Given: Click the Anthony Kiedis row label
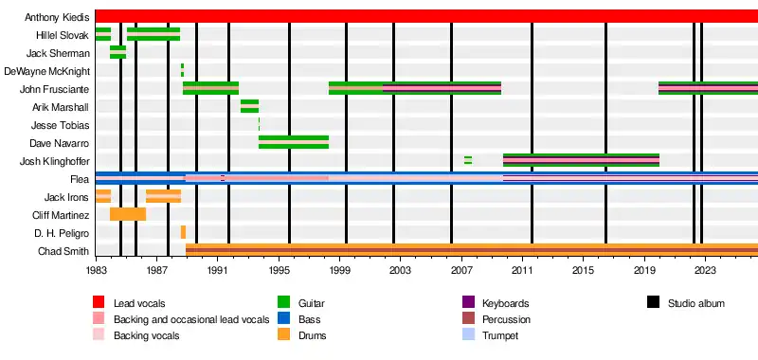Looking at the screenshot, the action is click(x=57, y=18).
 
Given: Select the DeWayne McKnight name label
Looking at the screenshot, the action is click(x=46, y=71).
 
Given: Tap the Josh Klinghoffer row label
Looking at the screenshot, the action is click(x=55, y=161).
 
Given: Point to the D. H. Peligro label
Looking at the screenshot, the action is click(x=62, y=234).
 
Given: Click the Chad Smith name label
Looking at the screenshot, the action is click(x=63, y=251).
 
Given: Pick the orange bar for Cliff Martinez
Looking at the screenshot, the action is click(x=128, y=214).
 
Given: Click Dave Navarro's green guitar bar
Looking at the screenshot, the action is click(x=294, y=142).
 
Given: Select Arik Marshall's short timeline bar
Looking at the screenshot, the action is click(x=249, y=106).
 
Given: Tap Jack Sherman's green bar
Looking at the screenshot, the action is click(x=117, y=52).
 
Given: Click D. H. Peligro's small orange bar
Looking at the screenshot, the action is click(x=183, y=232).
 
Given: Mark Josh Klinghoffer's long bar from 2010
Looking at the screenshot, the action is click(x=581, y=160).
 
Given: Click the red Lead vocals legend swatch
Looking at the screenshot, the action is click(x=99, y=302).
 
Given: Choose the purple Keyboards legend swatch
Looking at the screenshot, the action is click(x=468, y=302).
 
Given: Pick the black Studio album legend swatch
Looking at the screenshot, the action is click(x=653, y=302).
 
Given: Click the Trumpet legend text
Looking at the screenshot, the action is click(x=500, y=335).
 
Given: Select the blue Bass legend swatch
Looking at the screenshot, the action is click(x=283, y=319).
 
